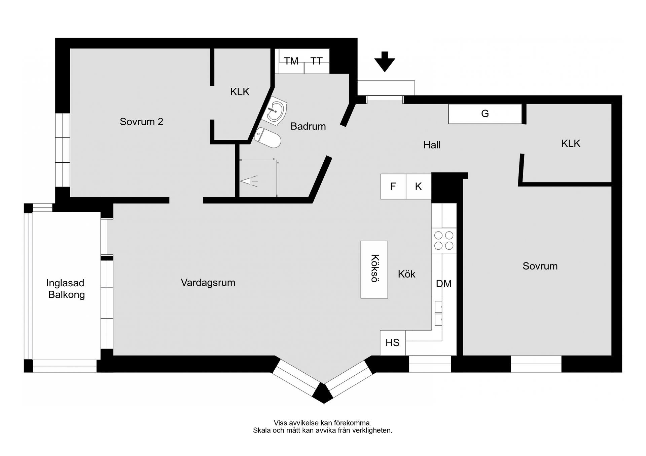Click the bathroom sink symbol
[277, 111]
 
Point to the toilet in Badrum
[268, 138]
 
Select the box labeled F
[393, 186]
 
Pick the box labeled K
[418, 186]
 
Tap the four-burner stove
[444, 241]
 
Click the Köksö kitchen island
[374, 270]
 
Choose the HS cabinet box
[393, 343]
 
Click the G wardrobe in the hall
[485, 114]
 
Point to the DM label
[443, 284]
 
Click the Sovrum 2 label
[141, 122]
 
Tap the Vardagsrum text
[208, 283]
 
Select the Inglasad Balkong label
[65, 289]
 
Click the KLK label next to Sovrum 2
[240, 92]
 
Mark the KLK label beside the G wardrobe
[571, 143]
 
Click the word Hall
[432, 145]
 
